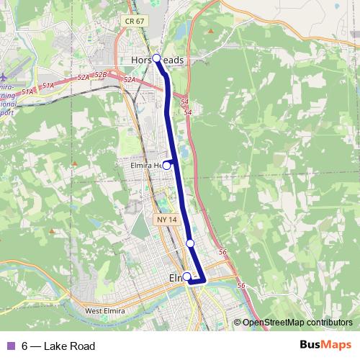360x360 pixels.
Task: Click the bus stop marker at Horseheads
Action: coord(156,58)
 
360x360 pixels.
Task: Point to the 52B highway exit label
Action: coord(101,74)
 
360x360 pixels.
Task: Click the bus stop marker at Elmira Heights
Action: coord(166,165)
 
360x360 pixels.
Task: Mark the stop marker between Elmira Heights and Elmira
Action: coord(190,243)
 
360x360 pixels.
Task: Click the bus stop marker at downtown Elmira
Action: coord(186,276)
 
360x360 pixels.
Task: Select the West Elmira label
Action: coord(107,311)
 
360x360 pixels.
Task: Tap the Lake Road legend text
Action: coord(69,346)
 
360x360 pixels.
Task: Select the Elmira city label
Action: coord(177,278)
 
